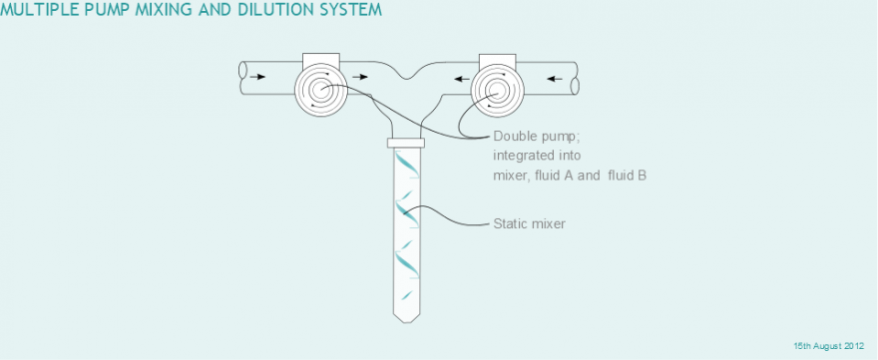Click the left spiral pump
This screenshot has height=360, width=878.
(320, 90)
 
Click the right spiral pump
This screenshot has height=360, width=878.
(497, 90)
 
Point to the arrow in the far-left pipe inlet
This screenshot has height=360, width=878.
(257, 77)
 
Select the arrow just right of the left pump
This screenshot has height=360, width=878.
(360, 77)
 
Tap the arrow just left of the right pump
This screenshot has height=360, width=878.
(462, 79)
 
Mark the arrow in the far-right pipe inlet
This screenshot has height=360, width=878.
(555, 79)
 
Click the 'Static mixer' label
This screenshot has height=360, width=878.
(529, 224)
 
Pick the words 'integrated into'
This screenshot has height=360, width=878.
(529, 156)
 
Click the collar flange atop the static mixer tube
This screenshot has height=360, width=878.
(406, 143)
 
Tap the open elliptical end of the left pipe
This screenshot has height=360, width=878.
(243, 70)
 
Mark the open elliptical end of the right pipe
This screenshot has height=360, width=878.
(575, 86)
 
